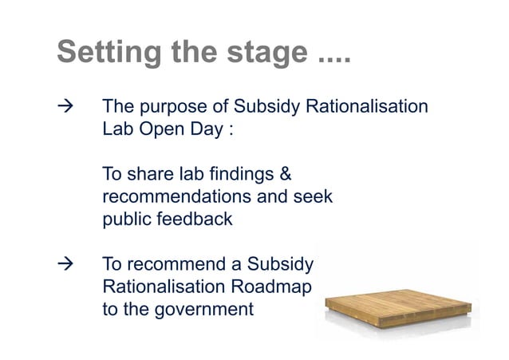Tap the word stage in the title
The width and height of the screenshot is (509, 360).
click(x=264, y=53)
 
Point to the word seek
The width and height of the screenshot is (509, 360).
click(x=313, y=196)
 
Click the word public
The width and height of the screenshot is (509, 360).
click(x=126, y=219)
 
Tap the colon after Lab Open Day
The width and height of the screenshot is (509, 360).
click(x=231, y=131)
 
